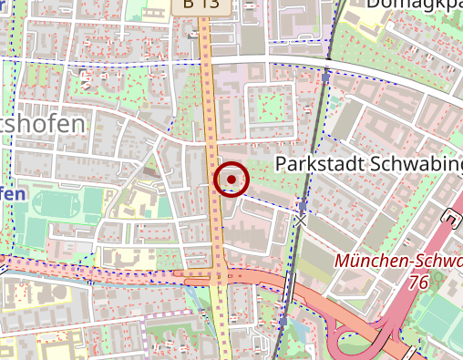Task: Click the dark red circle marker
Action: (x=231, y=179)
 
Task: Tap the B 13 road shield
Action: (x=200, y=5)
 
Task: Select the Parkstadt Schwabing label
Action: (x=368, y=165)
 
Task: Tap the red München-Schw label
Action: (x=397, y=261)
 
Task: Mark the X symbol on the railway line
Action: (x=300, y=221)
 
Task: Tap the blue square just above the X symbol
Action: (x=303, y=207)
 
